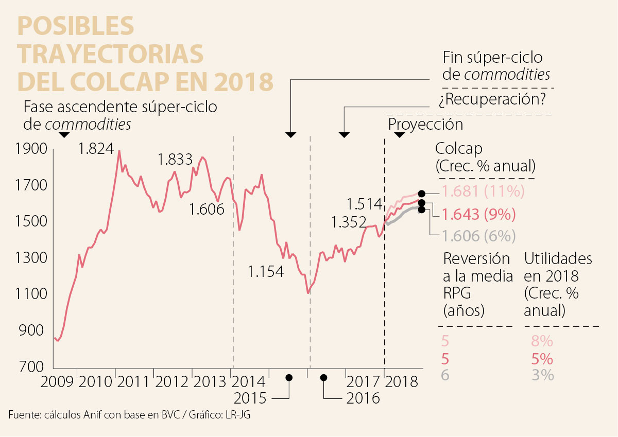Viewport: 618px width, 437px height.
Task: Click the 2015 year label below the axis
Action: tap(250, 398)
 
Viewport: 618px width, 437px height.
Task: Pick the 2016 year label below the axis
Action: tap(363, 398)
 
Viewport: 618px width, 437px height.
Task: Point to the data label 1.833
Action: tap(175, 159)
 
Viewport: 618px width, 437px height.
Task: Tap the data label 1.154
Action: tap(266, 271)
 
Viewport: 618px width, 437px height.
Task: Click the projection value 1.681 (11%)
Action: tap(483, 192)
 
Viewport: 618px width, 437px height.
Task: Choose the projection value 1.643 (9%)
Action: tap(478, 214)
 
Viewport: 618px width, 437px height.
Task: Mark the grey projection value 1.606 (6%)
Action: tap(478, 236)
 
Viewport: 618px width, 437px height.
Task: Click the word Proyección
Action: tap(425, 124)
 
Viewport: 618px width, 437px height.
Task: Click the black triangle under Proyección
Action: tap(399, 135)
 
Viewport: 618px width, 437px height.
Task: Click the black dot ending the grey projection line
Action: tap(422, 209)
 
